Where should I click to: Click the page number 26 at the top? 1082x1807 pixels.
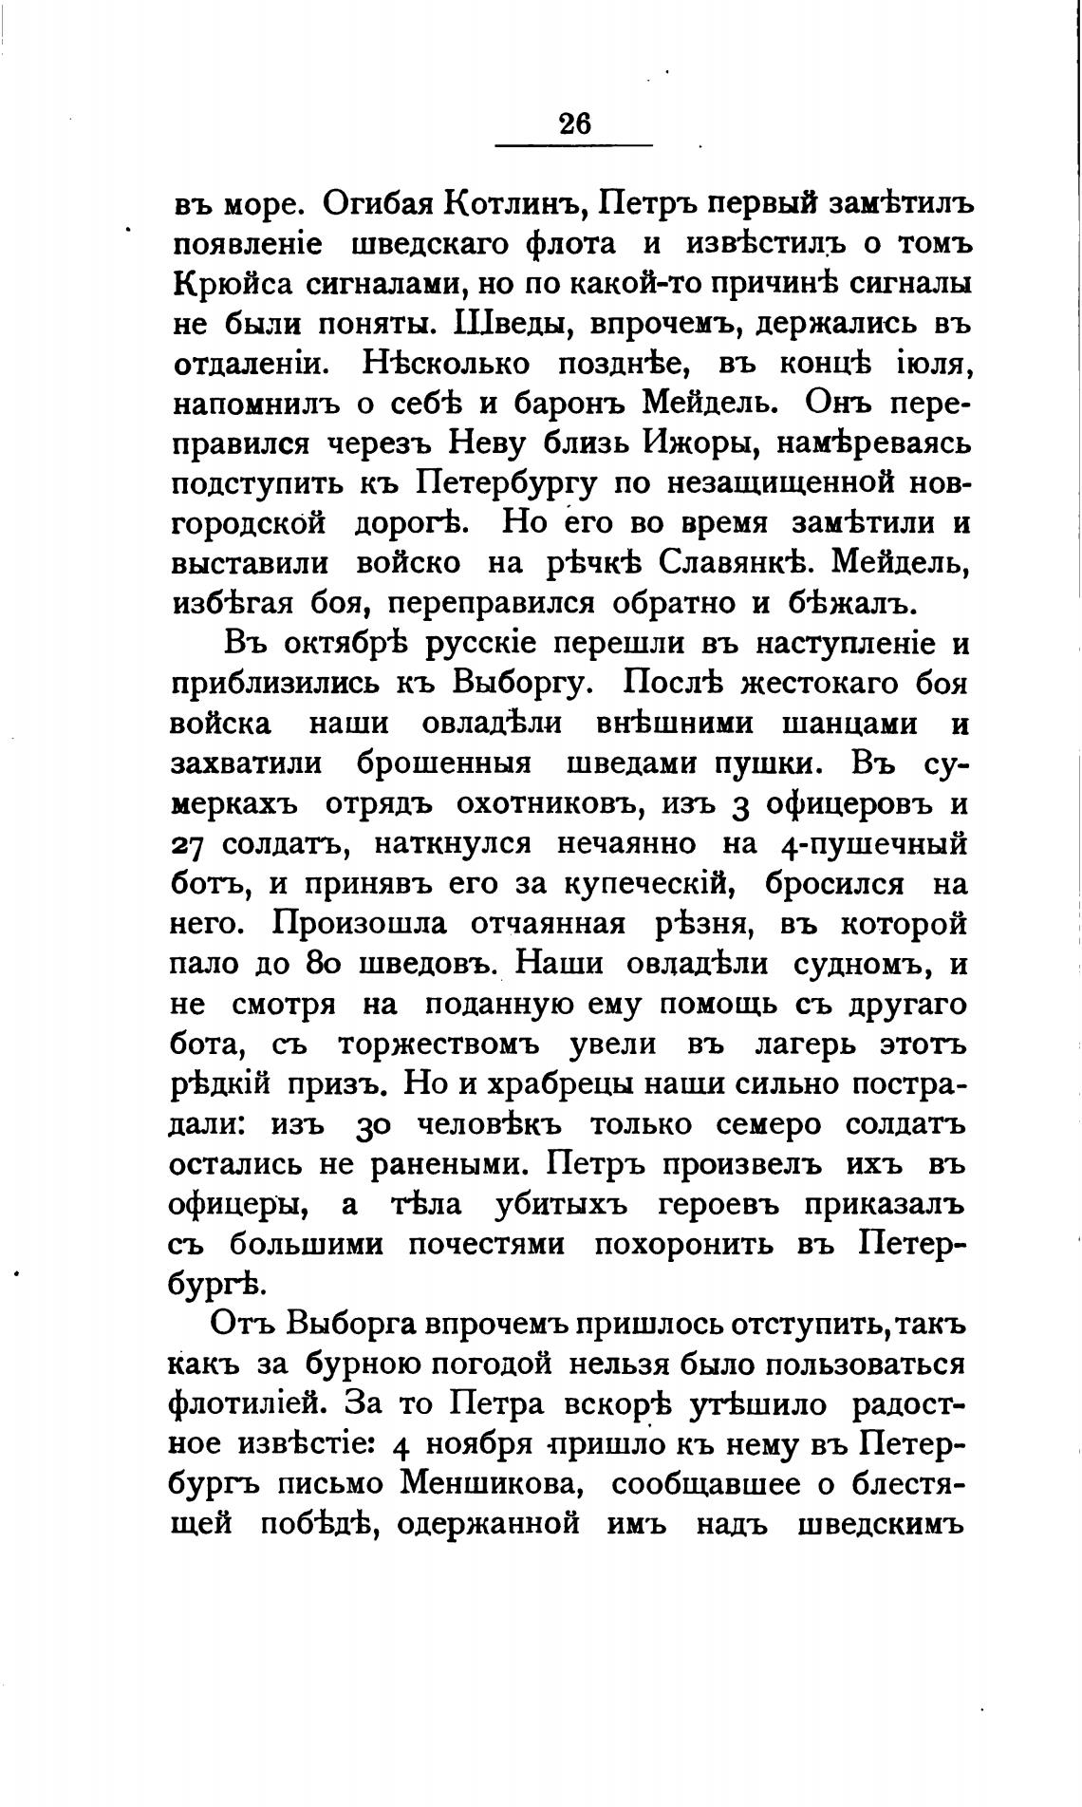pos(575,123)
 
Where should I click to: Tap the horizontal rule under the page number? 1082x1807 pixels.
pos(575,145)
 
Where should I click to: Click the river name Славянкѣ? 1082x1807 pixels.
pos(724,563)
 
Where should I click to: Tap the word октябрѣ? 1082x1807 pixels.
pos(348,644)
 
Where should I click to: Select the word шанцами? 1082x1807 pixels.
pos(849,724)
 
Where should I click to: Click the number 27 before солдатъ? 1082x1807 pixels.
pos(193,843)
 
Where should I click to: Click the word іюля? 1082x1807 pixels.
pos(918,365)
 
